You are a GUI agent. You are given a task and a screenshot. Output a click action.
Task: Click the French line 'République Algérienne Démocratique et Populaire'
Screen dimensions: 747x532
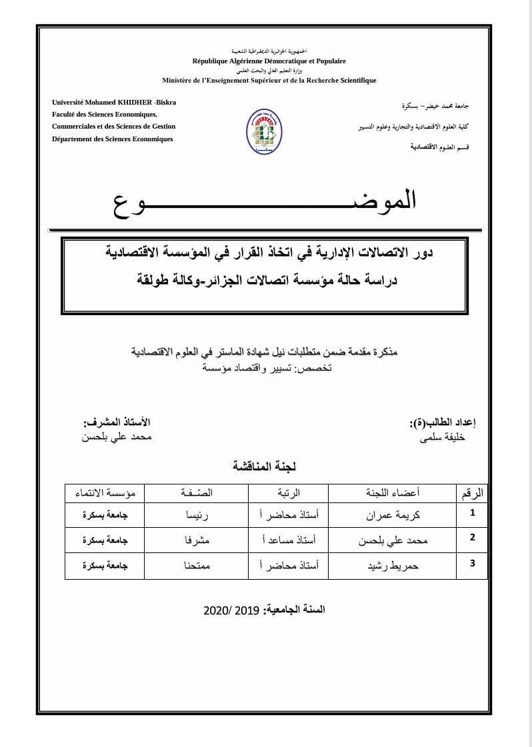[x=269, y=61]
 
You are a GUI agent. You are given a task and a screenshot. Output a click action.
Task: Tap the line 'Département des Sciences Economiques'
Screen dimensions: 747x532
[x=113, y=139]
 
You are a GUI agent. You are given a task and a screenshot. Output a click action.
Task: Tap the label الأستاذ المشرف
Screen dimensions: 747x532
[x=117, y=422]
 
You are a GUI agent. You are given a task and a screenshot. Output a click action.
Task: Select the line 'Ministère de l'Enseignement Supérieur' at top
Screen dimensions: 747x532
[x=269, y=80]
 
